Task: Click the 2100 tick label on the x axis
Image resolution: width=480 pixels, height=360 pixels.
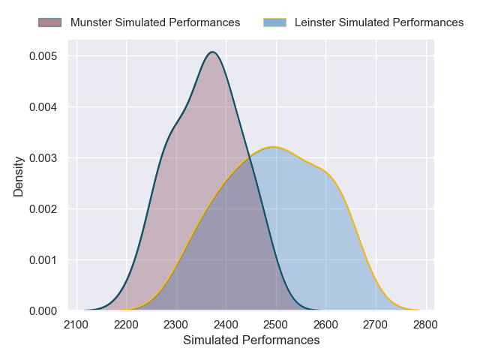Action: point(76,325)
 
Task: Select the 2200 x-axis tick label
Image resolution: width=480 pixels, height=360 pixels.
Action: point(126,325)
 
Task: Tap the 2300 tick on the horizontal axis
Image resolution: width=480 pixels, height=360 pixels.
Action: point(176,325)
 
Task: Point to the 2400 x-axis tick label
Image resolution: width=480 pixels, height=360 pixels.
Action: point(226,325)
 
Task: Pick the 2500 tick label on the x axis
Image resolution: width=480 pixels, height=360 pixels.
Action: point(276,325)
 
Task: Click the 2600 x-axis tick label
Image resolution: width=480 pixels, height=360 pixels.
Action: point(325,325)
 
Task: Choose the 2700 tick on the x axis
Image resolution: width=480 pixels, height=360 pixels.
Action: point(376,325)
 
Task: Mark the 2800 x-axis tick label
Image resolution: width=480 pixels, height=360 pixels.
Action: point(425,325)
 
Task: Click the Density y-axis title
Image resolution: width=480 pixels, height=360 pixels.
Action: point(19,176)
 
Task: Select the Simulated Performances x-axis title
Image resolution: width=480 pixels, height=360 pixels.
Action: point(251,340)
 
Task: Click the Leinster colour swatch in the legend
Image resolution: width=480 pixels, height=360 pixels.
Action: point(275,22)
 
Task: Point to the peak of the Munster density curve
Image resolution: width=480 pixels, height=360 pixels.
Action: point(213,52)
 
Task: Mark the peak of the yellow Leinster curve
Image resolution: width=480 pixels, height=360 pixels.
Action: point(275,147)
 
